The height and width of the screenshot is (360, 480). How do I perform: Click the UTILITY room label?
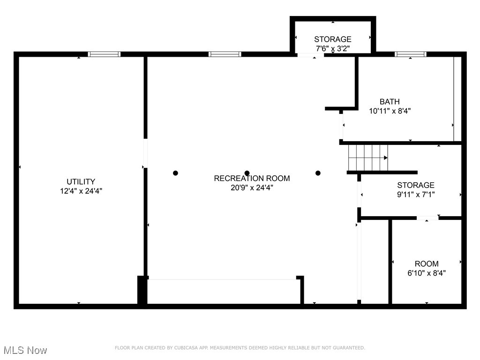point(81,181)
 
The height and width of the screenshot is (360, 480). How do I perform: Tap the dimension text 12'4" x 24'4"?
point(81,191)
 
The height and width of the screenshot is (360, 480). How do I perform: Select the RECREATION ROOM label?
point(252,178)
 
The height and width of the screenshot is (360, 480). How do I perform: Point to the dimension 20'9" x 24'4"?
point(252,187)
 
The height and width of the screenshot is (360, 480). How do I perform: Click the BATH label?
point(390,101)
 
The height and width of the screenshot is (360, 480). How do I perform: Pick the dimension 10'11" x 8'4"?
point(390,111)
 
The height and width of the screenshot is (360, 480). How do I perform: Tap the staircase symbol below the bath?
point(368,157)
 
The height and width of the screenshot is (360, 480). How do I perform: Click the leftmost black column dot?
point(175,173)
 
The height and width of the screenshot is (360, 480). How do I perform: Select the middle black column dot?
point(247,173)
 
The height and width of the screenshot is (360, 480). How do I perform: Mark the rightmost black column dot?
point(318,173)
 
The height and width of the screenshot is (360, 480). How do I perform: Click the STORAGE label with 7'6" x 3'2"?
point(332,39)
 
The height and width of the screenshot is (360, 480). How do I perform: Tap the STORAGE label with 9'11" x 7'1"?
point(415,185)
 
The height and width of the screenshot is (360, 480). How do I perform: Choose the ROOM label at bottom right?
point(427,263)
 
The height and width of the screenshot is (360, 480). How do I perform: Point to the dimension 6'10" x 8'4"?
point(427,273)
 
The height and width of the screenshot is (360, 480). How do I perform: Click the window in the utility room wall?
point(105,54)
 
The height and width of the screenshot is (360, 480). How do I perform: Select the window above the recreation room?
point(225,54)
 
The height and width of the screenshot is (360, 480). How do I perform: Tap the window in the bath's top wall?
point(411,54)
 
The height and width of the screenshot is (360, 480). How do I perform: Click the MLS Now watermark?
point(24,350)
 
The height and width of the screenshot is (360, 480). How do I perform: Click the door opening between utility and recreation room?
point(145,153)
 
